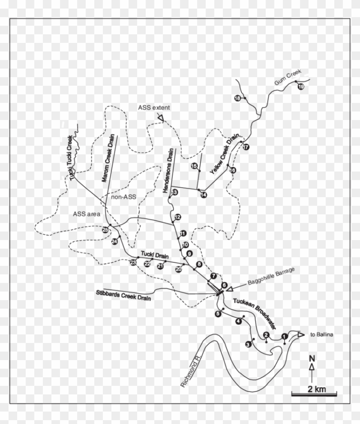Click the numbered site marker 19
click(x=300, y=87)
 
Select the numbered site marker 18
click(x=237, y=99)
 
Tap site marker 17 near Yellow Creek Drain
click(x=246, y=147)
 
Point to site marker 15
click(x=194, y=166)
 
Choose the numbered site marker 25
click(x=105, y=230)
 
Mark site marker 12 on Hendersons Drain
click(x=178, y=217)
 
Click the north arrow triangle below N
click(x=312, y=367)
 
